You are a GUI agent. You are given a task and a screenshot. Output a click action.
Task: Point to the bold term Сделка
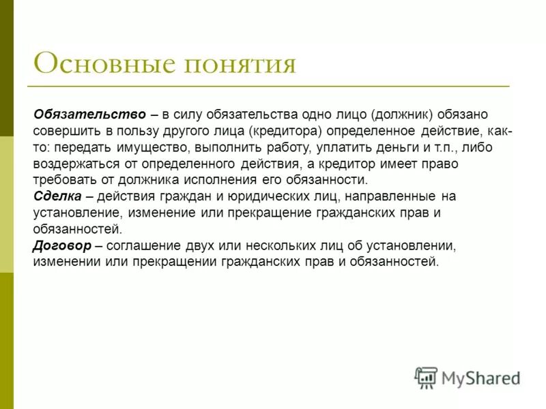point(57,196)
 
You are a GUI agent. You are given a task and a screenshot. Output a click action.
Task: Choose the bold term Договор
point(61,245)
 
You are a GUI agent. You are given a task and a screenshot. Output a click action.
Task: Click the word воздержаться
point(76,164)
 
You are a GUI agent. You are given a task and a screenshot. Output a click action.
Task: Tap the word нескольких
point(317,245)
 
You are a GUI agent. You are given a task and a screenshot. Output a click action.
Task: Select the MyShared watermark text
point(480,376)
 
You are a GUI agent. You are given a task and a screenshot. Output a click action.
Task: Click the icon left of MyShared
point(426,377)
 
